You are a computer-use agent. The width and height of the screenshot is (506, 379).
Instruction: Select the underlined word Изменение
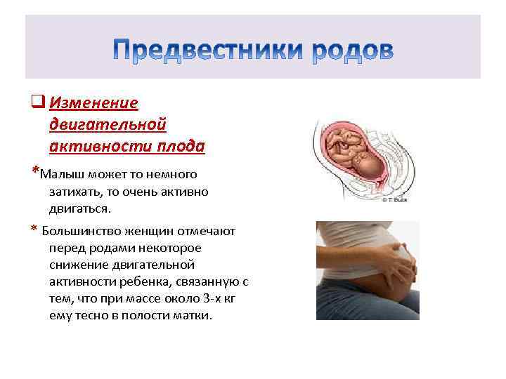click(x=93, y=103)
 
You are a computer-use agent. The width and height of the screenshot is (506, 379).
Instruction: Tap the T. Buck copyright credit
click(x=396, y=200)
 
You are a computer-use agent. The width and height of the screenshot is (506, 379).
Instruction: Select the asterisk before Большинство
click(x=34, y=230)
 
